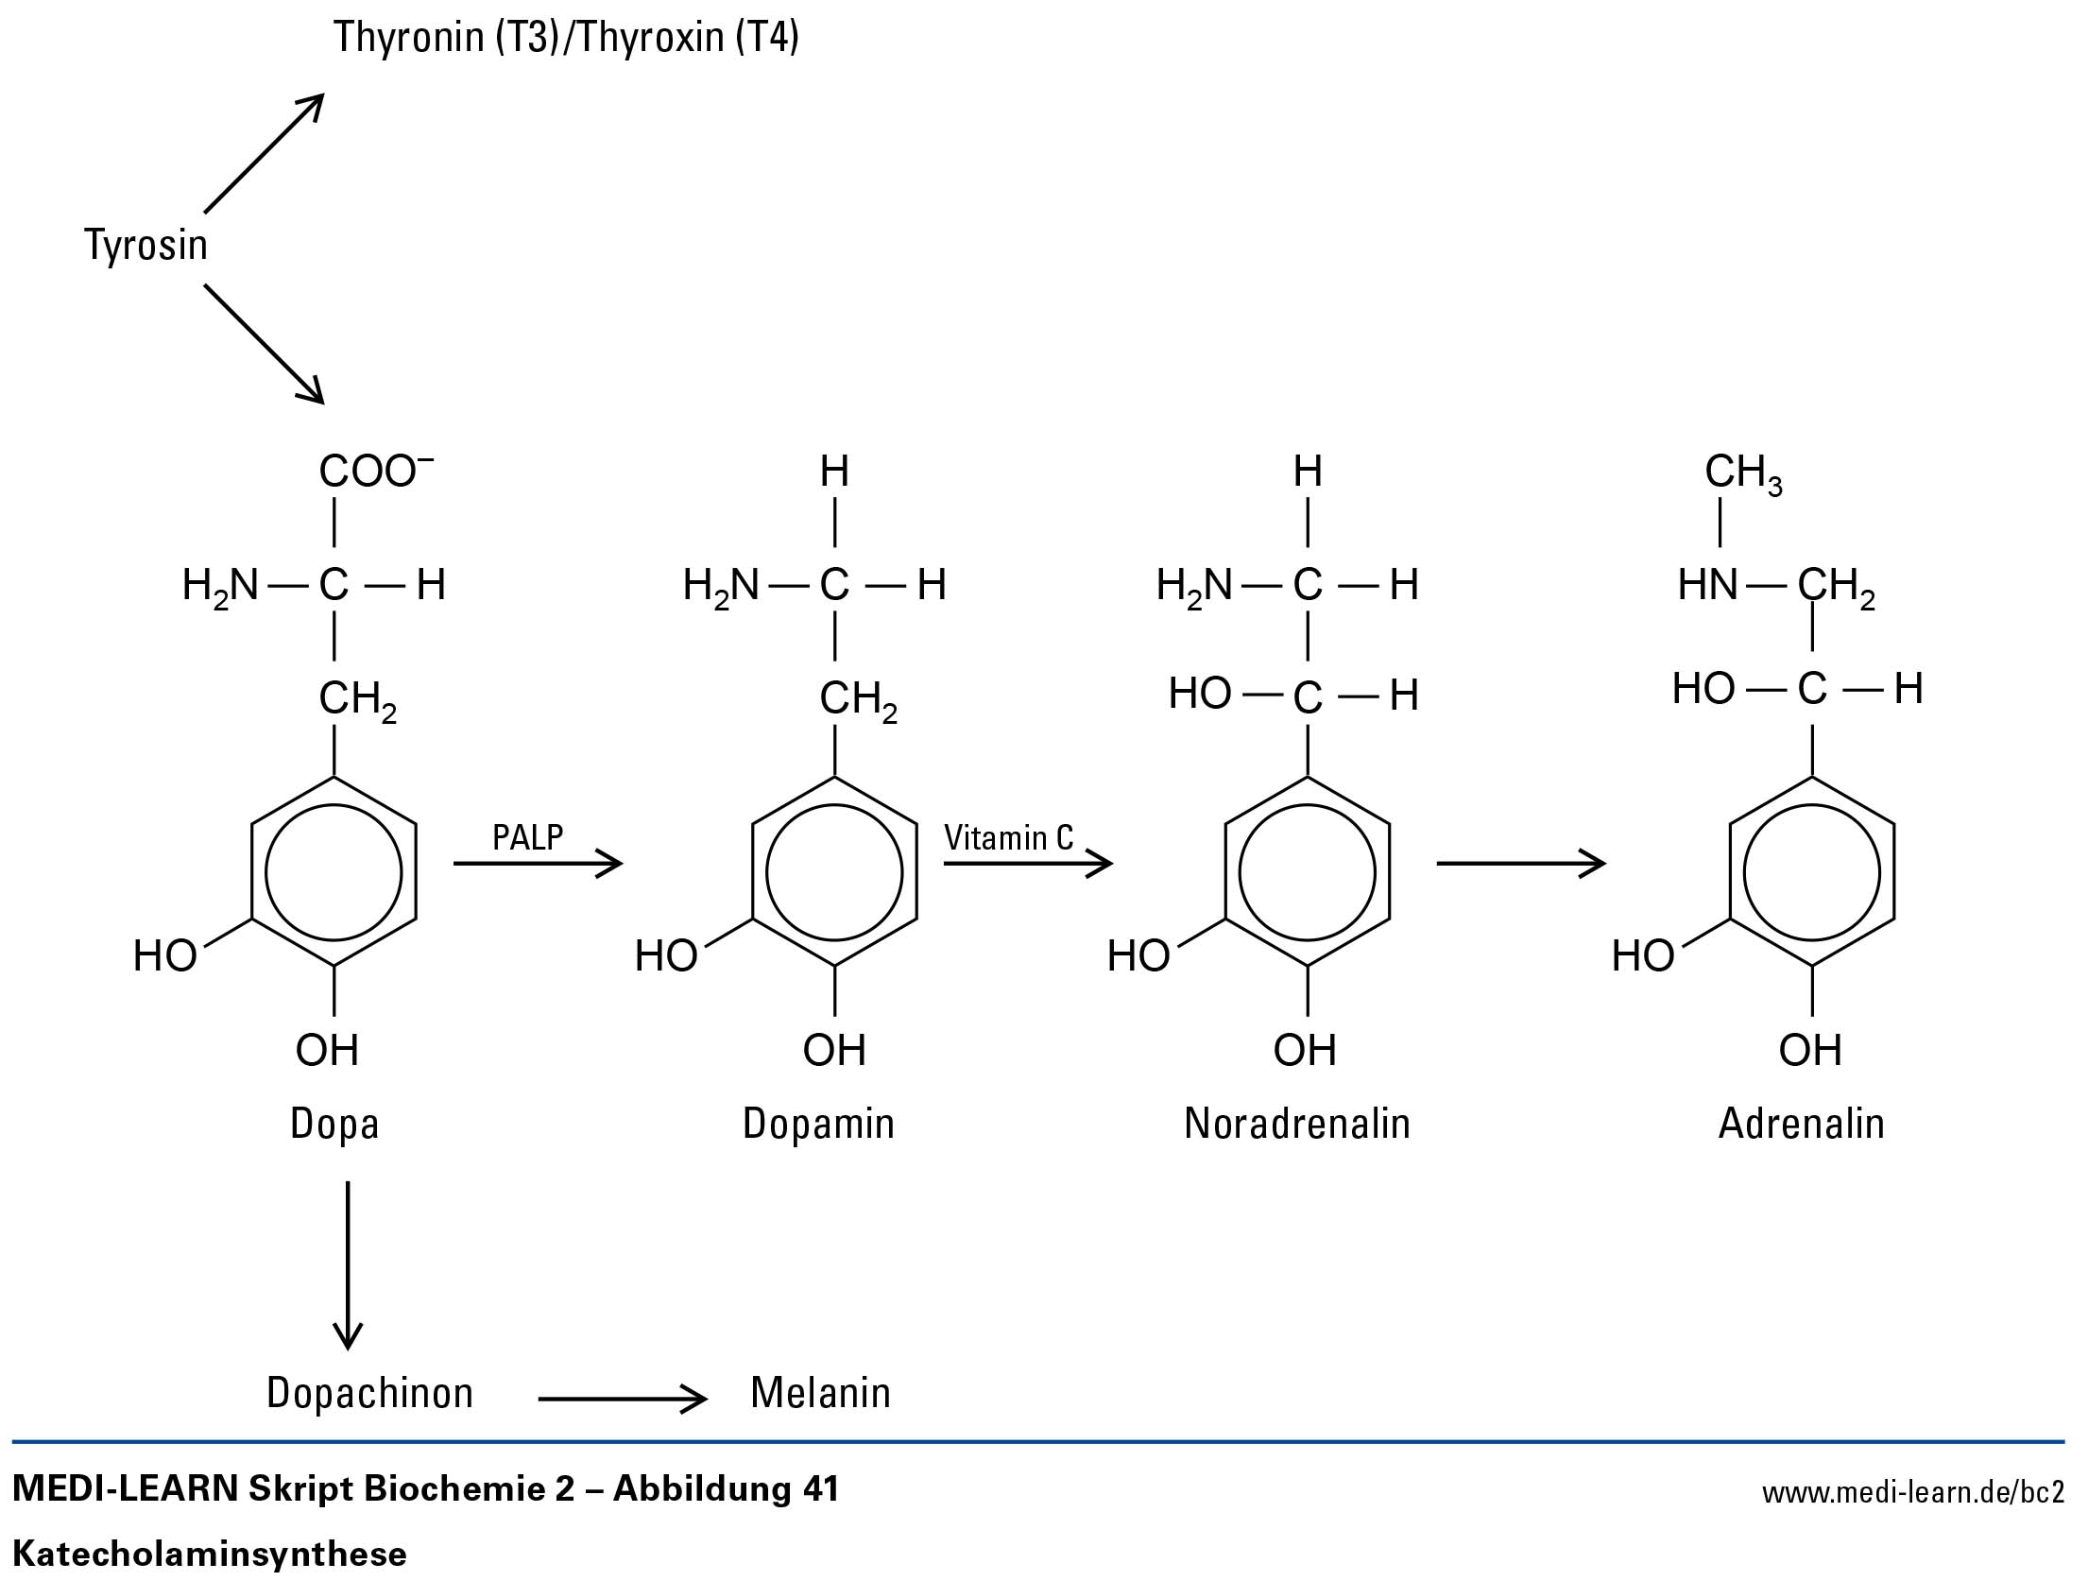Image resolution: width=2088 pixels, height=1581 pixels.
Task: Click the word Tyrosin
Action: click(x=145, y=245)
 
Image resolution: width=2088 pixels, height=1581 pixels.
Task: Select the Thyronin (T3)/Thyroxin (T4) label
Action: click(x=566, y=38)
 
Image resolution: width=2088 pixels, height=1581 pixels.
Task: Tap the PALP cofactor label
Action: click(x=527, y=837)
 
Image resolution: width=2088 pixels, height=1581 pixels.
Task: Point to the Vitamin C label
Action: click(x=1008, y=838)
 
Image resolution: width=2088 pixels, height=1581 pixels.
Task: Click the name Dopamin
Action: click(x=818, y=1124)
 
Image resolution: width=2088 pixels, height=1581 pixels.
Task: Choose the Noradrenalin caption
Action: click(x=1296, y=1124)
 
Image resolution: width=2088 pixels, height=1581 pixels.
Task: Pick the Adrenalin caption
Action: click(x=1801, y=1124)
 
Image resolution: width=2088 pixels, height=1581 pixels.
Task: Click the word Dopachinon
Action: click(x=369, y=1393)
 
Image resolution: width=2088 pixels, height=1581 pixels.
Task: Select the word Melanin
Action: click(x=820, y=1393)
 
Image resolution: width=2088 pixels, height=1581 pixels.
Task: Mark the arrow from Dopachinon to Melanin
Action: click(x=622, y=1399)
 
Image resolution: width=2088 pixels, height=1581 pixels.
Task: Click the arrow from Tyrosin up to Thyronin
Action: click(x=264, y=153)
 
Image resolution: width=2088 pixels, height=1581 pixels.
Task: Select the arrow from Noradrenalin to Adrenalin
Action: click(x=1520, y=863)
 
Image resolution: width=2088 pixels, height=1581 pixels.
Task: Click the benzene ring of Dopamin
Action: click(x=834, y=872)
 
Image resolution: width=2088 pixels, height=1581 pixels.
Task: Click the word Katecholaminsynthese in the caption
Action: click(x=210, y=1554)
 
